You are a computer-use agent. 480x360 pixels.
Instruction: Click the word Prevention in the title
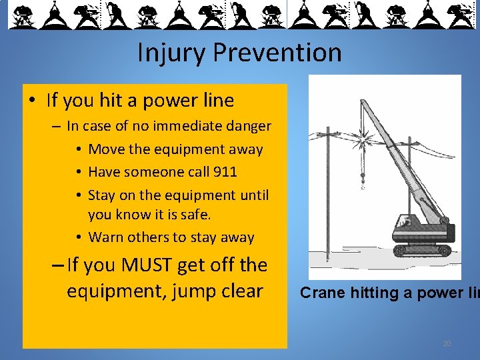[x=280, y=53]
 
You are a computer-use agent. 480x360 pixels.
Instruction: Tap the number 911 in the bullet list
[x=225, y=171]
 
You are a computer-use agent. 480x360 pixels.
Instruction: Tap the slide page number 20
[x=447, y=343]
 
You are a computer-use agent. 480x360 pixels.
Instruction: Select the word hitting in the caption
[x=375, y=293]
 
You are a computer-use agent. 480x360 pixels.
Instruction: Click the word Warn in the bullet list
[x=105, y=237]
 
